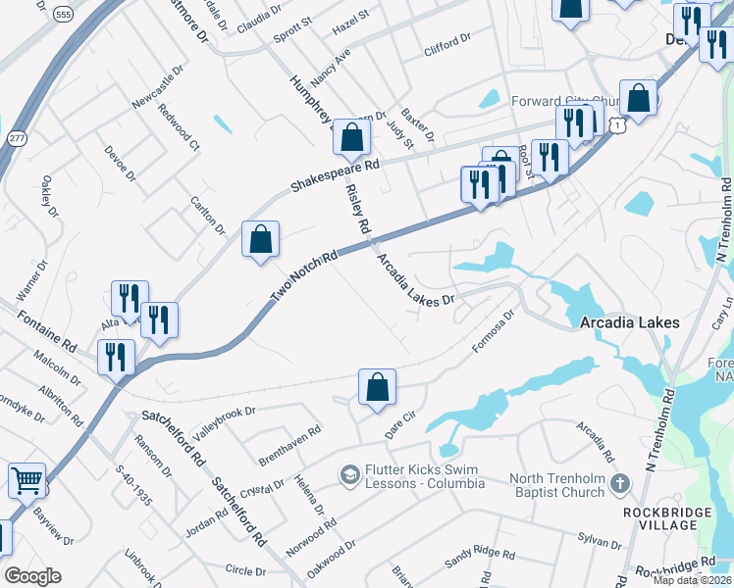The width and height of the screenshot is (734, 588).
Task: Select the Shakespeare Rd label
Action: point(335,175)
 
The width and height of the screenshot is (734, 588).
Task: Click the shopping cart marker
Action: point(26,481)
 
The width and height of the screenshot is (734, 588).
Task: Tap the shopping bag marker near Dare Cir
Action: point(377,388)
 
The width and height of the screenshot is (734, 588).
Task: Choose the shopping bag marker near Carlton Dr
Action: point(260,240)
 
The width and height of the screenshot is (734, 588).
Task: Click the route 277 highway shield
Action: point(16,138)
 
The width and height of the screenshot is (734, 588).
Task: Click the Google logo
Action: point(32,575)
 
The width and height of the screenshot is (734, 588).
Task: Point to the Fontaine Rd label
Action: point(47,331)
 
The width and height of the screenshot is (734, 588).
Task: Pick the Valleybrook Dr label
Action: point(223,423)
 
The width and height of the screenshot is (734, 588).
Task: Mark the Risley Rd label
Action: point(358,211)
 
